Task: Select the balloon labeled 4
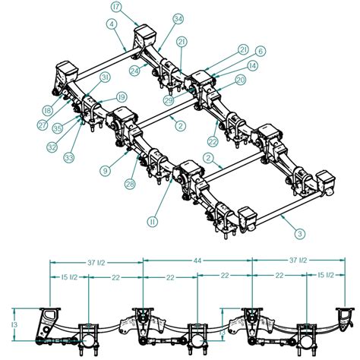point(112,24)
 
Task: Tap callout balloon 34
point(178,18)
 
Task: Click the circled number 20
point(240,80)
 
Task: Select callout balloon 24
point(134,71)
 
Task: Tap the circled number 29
point(168,99)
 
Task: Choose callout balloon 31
point(105,77)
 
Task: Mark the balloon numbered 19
point(122,96)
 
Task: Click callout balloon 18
point(48,110)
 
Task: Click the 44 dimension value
point(197,260)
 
